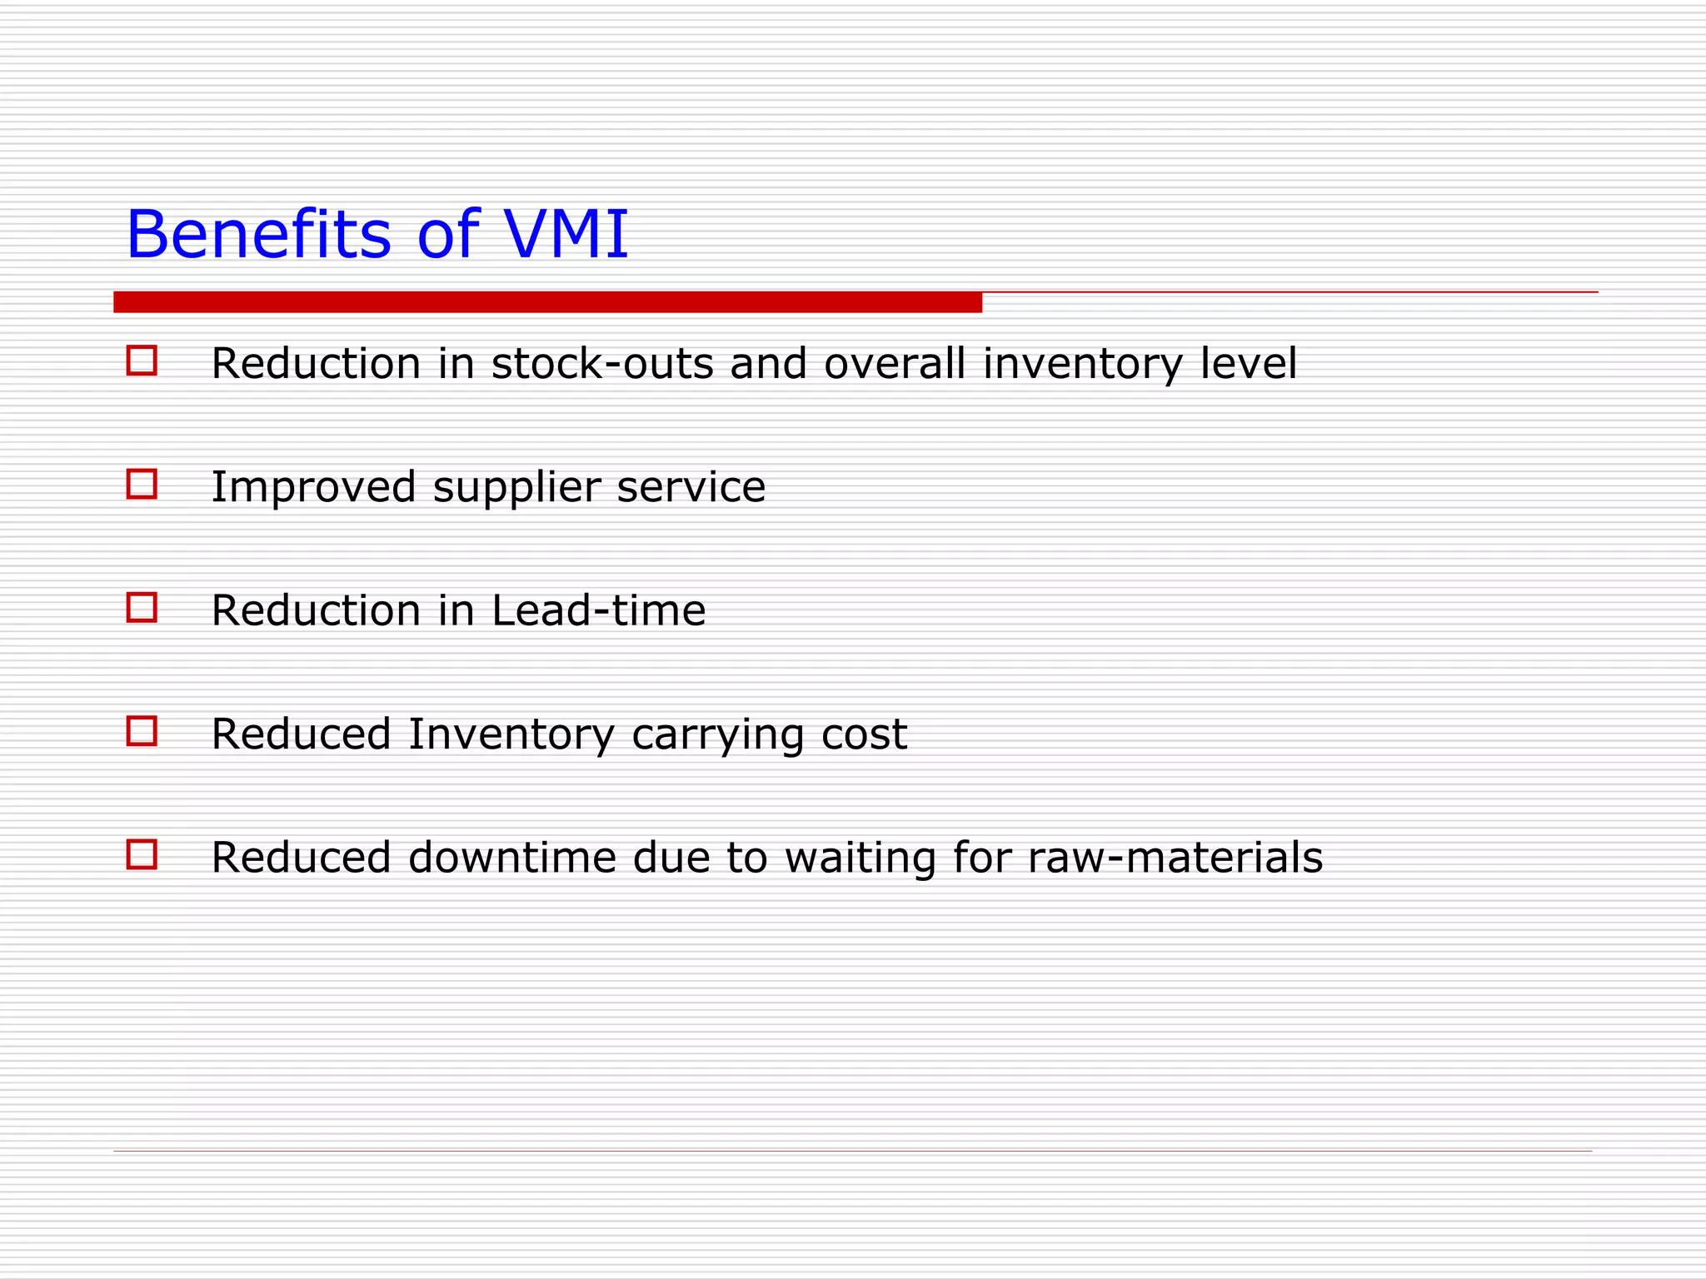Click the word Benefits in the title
tap(258, 235)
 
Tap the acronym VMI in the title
tap(566, 235)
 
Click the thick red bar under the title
tap(547, 302)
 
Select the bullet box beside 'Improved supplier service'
tap(142, 484)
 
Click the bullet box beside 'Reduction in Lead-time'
tap(142, 607)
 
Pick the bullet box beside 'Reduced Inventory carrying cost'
tap(142, 731)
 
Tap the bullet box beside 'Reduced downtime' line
tap(142, 854)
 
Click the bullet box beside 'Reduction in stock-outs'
tap(142, 361)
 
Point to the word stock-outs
tap(602, 364)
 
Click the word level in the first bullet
tap(1248, 364)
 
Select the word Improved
tap(313, 487)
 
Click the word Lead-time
tap(598, 610)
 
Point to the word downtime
tap(512, 858)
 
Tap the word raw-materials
tap(1175, 858)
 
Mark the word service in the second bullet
tap(691, 488)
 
